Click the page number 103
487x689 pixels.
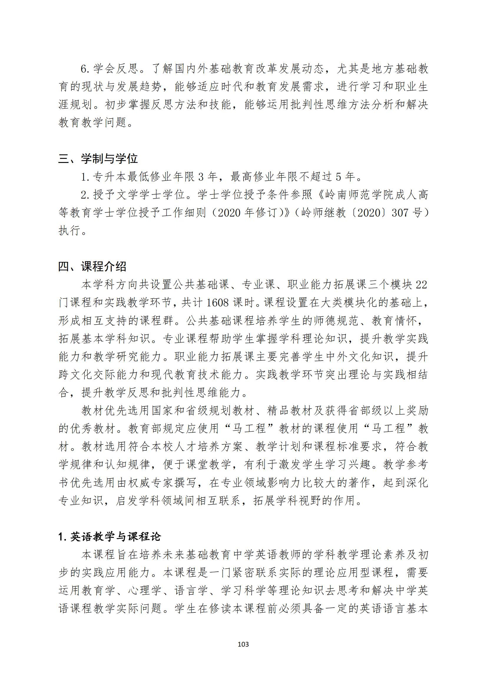click(x=243, y=644)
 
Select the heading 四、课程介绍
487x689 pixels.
click(x=92, y=266)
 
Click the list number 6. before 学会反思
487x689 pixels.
click(x=85, y=69)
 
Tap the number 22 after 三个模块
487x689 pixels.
click(x=421, y=285)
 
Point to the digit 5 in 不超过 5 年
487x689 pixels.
click(x=339, y=177)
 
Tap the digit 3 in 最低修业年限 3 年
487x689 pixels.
click(x=201, y=177)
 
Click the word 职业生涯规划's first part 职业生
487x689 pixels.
click(x=410, y=87)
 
